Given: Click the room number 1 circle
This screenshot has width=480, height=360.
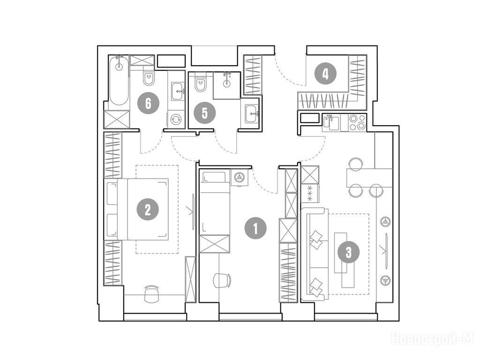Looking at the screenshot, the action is (x=255, y=228).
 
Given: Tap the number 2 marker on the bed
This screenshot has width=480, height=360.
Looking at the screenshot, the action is (x=148, y=210).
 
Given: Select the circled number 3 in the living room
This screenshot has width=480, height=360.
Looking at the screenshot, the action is (x=349, y=253).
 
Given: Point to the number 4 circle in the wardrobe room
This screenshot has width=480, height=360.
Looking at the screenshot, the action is (x=325, y=74).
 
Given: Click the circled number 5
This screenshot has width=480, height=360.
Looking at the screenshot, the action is (x=205, y=113).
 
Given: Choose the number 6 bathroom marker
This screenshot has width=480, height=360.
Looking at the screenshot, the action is (x=149, y=103).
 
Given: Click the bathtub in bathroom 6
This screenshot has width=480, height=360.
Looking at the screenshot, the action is (x=119, y=81).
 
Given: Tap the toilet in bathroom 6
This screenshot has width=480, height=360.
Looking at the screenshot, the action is (x=149, y=78).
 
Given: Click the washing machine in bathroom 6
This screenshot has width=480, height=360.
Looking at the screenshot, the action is (x=176, y=120).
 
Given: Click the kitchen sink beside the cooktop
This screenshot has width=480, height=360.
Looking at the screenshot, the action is (x=331, y=122).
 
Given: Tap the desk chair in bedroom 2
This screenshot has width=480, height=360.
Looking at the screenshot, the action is (x=151, y=293).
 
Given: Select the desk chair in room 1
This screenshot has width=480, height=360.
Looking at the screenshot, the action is (x=222, y=280).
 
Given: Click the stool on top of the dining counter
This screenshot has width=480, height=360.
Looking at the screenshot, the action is (x=355, y=164).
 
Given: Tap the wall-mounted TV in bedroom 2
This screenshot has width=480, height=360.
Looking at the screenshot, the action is (x=193, y=211).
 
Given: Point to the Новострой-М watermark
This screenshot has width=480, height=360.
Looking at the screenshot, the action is (x=433, y=339).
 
